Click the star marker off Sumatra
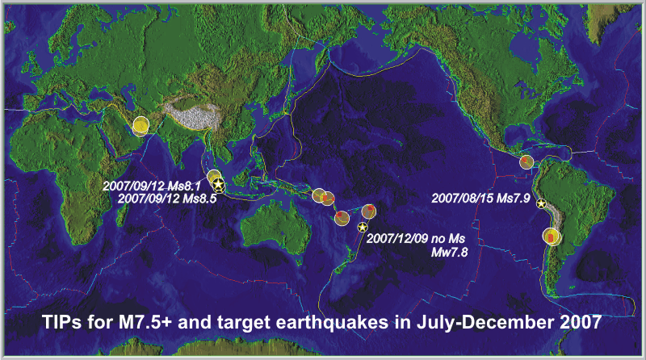coord(218,184)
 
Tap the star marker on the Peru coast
coord(541,203)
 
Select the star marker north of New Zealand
coord(362,228)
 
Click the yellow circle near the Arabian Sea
coord(141,126)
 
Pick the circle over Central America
coord(526,162)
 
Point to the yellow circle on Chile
coord(552,237)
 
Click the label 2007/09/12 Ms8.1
coord(152,186)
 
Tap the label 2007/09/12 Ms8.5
coord(167,199)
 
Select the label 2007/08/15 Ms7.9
coord(480,198)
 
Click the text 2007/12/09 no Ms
coord(416,238)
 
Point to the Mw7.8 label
coord(450,252)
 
